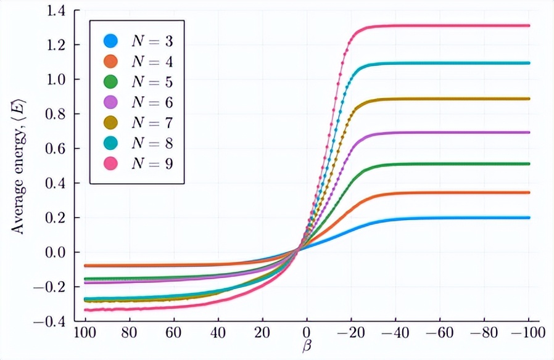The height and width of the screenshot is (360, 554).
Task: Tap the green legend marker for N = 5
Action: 110,83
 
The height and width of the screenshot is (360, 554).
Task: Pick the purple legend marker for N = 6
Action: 110,103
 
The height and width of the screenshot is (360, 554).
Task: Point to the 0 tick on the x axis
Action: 307,333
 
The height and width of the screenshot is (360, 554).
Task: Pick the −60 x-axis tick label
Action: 440,333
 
